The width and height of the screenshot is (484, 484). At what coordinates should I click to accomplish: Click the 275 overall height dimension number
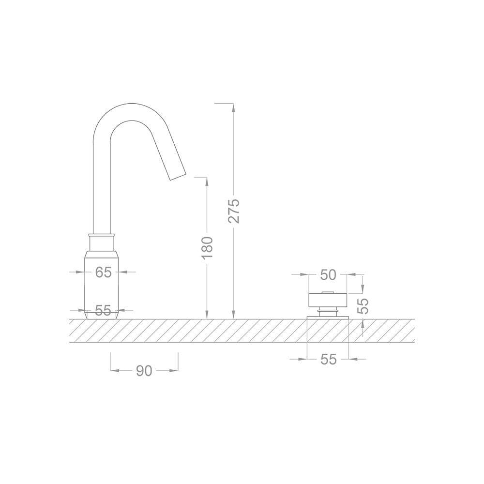tap(234, 211)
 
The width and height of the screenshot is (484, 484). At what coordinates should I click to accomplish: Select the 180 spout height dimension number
tap(207, 247)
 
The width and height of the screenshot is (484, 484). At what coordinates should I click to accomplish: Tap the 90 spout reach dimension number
tap(144, 371)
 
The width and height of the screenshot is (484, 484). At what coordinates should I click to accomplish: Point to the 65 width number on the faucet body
tap(103, 272)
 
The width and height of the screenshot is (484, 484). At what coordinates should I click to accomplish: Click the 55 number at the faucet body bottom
tap(103, 310)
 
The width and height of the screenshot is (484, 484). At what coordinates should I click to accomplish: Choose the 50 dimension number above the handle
tap(328, 275)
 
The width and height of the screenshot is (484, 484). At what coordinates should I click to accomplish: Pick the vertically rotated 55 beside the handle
tap(363, 306)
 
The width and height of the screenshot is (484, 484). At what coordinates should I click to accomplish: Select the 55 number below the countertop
tap(328, 359)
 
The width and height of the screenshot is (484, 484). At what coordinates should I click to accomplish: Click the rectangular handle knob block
tap(328, 300)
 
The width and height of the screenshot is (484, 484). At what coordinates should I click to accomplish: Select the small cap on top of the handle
tap(328, 292)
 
